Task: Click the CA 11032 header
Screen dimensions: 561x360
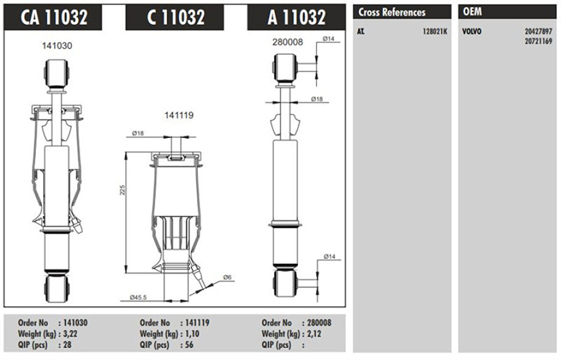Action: click(x=54, y=17)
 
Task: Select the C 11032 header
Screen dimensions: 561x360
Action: click(x=175, y=17)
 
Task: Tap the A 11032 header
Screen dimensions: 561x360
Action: click(x=297, y=17)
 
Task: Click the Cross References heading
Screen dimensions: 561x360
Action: click(x=392, y=12)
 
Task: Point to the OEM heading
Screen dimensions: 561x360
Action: click(x=472, y=12)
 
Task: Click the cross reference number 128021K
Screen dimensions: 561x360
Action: click(x=435, y=31)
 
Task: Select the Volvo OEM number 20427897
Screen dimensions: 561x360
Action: click(x=539, y=31)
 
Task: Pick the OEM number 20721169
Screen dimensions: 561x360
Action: click(x=539, y=41)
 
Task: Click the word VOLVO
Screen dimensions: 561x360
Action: click(x=472, y=31)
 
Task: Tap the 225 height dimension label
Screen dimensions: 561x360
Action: click(x=122, y=190)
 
